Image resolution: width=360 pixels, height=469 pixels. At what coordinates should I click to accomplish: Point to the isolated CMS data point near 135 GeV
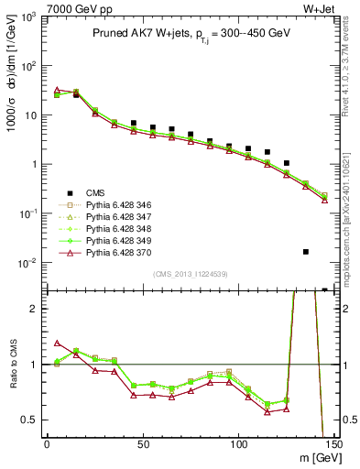(306, 251)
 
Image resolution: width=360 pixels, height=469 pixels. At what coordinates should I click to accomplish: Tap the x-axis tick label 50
(142, 444)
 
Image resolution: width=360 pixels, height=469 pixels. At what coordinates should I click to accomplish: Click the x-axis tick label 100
(238, 444)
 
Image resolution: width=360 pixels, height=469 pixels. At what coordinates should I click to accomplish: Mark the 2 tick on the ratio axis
(37, 309)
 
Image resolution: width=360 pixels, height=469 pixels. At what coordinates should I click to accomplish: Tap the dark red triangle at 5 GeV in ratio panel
(57, 343)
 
